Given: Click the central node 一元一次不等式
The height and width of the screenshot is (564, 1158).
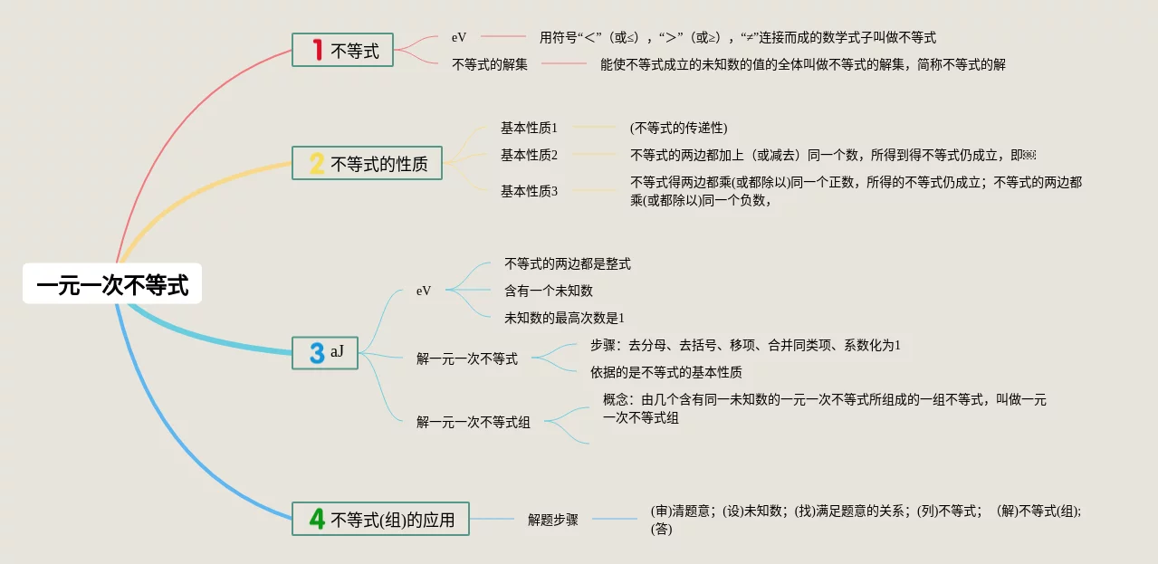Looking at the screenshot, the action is pyautogui.click(x=112, y=285).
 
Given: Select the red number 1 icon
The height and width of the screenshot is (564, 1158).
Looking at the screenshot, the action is pyautogui.click(x=317, y=50).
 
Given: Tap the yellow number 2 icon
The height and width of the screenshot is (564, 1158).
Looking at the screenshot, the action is pyautogui.click(x=316, y=164).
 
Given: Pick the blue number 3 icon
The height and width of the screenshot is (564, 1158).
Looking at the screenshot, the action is pyautogui.click(x=317, y=353).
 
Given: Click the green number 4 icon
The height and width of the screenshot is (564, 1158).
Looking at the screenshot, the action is pyautogui.click(x=317, y=519).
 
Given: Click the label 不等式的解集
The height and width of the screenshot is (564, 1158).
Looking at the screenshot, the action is pyautogui.click(x=490, y=64).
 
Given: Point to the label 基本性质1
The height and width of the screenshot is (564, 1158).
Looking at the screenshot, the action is pyautogui.click(x=529, y=128).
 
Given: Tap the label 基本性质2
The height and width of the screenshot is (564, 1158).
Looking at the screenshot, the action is pyautogui.click(x=529, y=155).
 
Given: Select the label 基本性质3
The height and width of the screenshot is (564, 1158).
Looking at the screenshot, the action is pyautogui.click(x=529, y=190).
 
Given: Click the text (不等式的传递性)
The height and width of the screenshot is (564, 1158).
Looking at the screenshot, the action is pyautogui.click(x=678, y=128).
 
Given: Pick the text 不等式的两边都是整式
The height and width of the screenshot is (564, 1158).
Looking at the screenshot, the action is pyautogui.click(x=567, y=263).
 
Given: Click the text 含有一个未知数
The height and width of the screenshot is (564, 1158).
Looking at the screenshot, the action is pyautogui.click(x=548, y=291).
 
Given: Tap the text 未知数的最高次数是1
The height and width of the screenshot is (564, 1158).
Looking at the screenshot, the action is pyautogui.click(x=564, y=318).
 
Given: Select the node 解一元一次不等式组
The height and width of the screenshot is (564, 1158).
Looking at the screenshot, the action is pyautogui.click(x=474, y=421).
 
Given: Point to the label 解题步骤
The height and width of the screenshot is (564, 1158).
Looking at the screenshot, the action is pyautogui.click(x=552, y=520).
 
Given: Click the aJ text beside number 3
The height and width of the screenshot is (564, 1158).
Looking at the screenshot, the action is pyautogui.click(x=337, y=351).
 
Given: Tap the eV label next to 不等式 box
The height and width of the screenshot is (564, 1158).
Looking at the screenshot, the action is pyautogui.click(x=459, y=38).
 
